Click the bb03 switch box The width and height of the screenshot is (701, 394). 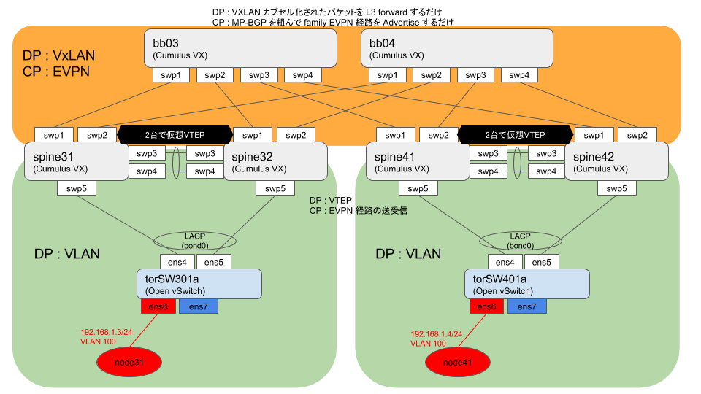[x=240, y=47]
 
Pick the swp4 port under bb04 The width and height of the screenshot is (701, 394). [x=519, y=75]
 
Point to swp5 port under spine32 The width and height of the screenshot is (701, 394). [x=275, y=188]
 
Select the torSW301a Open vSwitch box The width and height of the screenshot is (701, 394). [x=199, y=283]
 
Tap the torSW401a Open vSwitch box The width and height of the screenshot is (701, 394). [x=526, y=283]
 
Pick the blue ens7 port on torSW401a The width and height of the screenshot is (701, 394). [x=524, y=306]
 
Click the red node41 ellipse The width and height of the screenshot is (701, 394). [x=459, y=362]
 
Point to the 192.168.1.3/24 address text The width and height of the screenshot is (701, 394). [x=106, y=332]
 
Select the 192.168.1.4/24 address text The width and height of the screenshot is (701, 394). [x=436, y=332]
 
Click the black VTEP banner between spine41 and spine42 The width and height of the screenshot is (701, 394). [x=515, y=135]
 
